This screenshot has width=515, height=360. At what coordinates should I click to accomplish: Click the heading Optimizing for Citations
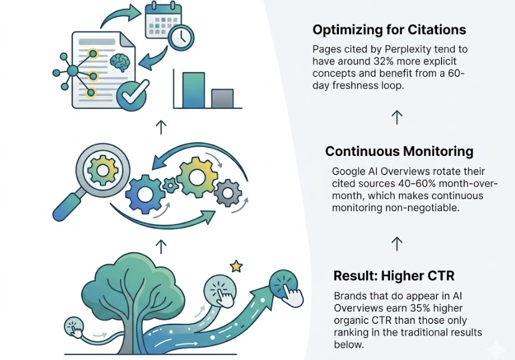[389, 29]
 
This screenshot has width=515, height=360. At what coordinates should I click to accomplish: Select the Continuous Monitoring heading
[399, 151]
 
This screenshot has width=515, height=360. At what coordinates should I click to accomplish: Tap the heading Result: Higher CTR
[394, 276]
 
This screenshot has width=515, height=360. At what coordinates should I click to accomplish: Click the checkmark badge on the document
[131, 96]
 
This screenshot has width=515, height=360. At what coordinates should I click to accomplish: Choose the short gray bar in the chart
[222, 99]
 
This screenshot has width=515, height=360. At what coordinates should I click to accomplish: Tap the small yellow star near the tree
[236, 267]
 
